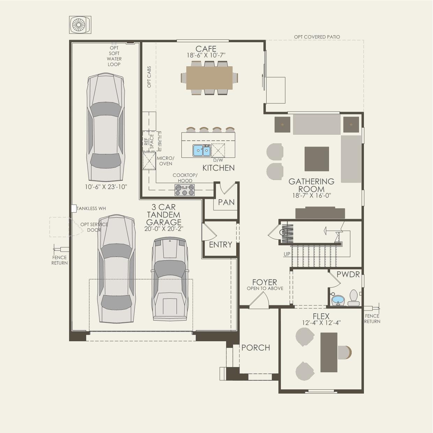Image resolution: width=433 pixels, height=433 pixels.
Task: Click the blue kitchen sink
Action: tap(202, 151)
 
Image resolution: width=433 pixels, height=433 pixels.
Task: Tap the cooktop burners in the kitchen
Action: tap(185, 190)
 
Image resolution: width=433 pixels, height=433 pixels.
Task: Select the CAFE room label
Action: tap(206, 49)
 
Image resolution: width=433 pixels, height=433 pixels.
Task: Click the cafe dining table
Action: tap(209, 78)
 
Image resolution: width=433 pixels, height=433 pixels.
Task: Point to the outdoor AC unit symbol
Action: tap(81, 25)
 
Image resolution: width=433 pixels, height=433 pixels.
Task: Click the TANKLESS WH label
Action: tap(91, 209)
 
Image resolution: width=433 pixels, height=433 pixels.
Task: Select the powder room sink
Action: tap(338, 300)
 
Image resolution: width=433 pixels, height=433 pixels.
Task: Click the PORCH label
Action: tap(256, 348)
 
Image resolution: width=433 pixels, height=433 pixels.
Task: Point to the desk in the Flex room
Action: tap(329, 352)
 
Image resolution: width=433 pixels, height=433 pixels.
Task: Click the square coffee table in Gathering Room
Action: tap(317, 159)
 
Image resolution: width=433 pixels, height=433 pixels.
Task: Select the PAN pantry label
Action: tap(226, 202)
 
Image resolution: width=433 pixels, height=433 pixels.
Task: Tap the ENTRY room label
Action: tap(221, 245)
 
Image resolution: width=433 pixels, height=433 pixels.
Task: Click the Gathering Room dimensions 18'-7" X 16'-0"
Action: tap(312, 196)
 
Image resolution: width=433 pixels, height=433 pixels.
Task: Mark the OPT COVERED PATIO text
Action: tap(317, 37)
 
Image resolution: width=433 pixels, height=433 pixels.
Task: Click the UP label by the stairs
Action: tap(287, 254)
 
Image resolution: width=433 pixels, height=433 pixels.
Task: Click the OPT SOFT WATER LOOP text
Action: tap(114, 56)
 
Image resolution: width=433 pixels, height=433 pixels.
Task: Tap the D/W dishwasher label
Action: tap(218, 160)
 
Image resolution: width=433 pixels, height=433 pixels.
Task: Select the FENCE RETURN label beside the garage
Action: tap(60, 260)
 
